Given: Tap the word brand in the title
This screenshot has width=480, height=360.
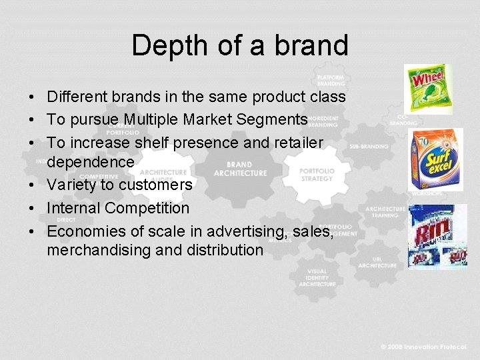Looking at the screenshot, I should pyautogui.click(x=312, y=45).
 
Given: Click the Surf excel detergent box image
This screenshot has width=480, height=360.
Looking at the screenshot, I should pyautogui.click(x=435, y=159).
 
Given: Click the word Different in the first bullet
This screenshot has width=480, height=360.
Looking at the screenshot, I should pyautogui.click(x=78, y=97).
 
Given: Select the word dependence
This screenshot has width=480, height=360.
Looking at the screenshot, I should pyautogui.click(x=91, y=161).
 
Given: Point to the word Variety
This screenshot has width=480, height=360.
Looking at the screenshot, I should pyautogui.click(x=71, y=185).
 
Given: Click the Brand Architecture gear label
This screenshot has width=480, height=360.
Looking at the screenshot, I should pyautogui.click(x=239, y=169).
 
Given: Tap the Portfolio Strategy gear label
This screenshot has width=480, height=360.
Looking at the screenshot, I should pyautogui.click(x=317, y=175).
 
